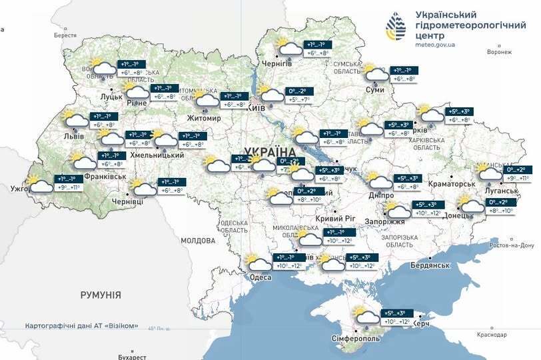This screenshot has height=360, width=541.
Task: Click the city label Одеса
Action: [261, 277]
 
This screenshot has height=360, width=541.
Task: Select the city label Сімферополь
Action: [356, 339]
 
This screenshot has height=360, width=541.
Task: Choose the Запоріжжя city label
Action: [386, 221]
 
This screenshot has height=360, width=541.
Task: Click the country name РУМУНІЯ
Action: [101, 294]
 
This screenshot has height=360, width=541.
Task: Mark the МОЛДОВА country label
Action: [199, 239]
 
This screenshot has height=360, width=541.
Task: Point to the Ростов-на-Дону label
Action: [511, 245]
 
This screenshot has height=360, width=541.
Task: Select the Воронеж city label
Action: [499, 52]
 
